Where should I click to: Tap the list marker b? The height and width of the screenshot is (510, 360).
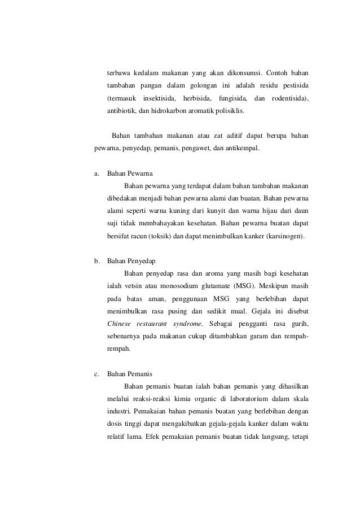[96, 261]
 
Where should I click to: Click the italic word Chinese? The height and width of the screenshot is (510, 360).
[120, 324]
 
